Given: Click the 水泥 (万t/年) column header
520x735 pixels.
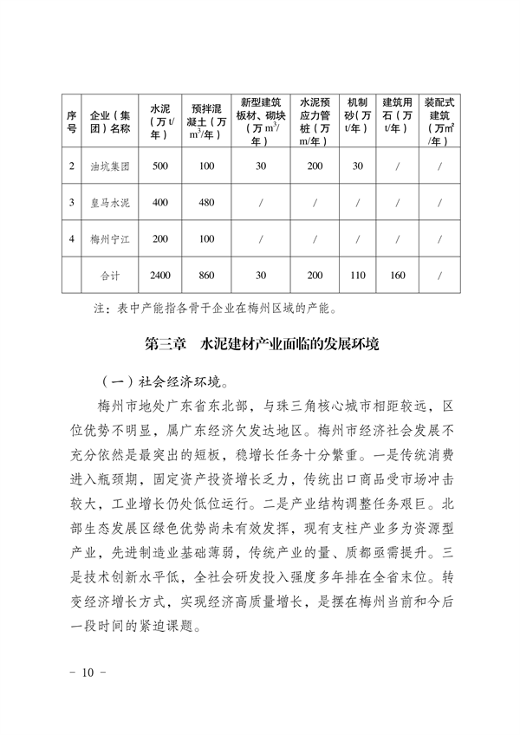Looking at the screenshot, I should coord(161,122).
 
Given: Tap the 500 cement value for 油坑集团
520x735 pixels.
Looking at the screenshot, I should coord(161,166).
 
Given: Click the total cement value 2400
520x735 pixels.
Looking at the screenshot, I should coord(161,275).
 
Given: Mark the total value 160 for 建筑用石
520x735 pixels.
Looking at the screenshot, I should coord(398,275).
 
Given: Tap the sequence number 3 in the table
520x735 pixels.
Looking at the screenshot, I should coord(72,202).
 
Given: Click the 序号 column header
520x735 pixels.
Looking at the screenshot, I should coord(72,122).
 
